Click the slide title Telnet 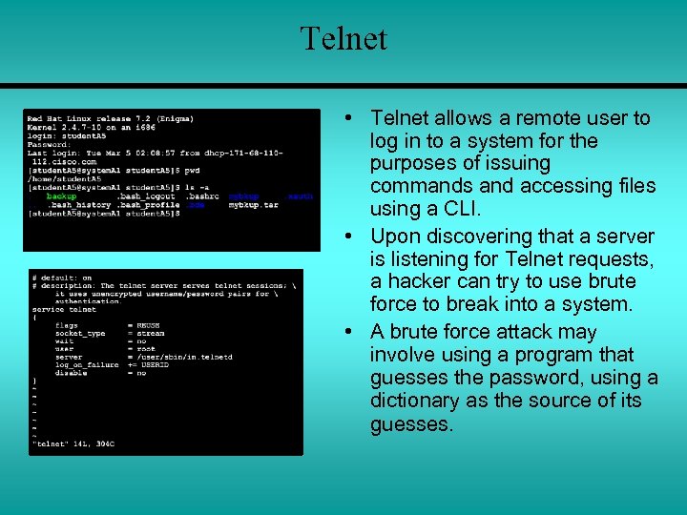(343, 39)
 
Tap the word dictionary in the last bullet (417, 401)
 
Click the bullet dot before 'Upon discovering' (351, 236)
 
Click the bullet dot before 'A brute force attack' (351, 332)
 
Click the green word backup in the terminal (61, 196)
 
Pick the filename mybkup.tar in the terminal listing (254, 205)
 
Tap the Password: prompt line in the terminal (48, 145)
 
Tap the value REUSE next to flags (150, 325)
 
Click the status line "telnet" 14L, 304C (73, 443)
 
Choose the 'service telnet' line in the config (64, 309)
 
